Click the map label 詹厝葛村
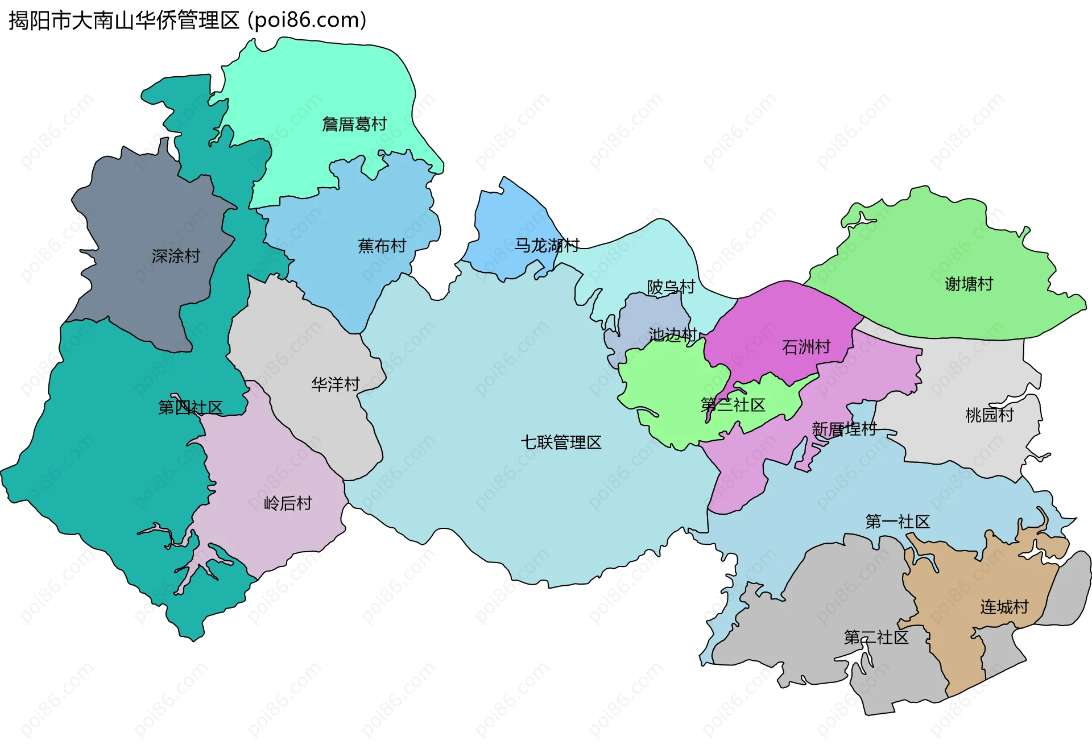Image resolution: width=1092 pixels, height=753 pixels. click(354, 124)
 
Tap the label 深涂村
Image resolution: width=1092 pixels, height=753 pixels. click(176, 256)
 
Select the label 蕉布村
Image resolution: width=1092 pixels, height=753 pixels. click(382, 246)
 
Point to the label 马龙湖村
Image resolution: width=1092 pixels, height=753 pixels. click(547, 245)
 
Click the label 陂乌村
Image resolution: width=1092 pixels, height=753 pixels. click(671, 287)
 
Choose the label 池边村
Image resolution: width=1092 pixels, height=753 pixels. click(673, 334)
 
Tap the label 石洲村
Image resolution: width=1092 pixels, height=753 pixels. click(806, 346)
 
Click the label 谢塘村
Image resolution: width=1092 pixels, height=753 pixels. click(969, 283)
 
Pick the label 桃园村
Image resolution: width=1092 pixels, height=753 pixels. click(989, 415)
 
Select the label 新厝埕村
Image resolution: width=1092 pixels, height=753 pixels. click(844, 429)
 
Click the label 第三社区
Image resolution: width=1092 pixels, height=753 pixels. click(733, 405)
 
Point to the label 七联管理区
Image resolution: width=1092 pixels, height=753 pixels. click(561, 442)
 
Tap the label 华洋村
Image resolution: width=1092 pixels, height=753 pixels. click(335, 384)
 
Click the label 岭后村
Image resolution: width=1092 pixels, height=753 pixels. click(288, 503)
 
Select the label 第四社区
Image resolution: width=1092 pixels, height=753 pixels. click(190, 407)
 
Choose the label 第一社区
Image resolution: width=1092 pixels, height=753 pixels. click(897, 521)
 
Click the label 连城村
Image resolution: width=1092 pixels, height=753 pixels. click(1004, 607)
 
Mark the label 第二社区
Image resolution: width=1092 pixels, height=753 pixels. click(876, 637)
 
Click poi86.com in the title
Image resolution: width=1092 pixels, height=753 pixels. click(307, 20)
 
